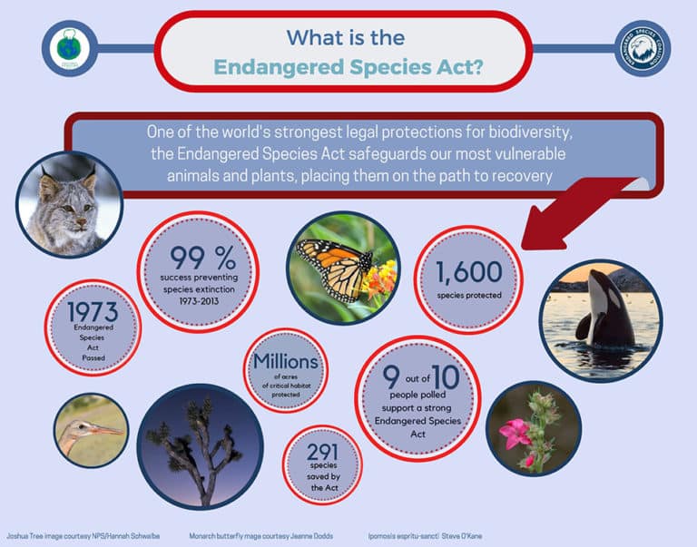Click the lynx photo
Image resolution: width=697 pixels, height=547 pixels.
tap(68, 204)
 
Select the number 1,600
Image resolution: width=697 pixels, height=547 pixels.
tap(467, 271)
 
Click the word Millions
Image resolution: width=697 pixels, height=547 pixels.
tap(286, 362)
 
